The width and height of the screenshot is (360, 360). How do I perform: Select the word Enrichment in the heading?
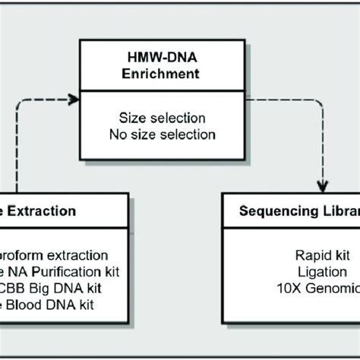[166, 76]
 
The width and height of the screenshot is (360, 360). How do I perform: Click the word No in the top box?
[127, 134]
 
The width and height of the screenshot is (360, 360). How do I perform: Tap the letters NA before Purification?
[27, 272]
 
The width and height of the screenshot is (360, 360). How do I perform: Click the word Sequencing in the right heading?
[276, 210]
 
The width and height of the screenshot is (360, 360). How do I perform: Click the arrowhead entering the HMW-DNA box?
[74, 99]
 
